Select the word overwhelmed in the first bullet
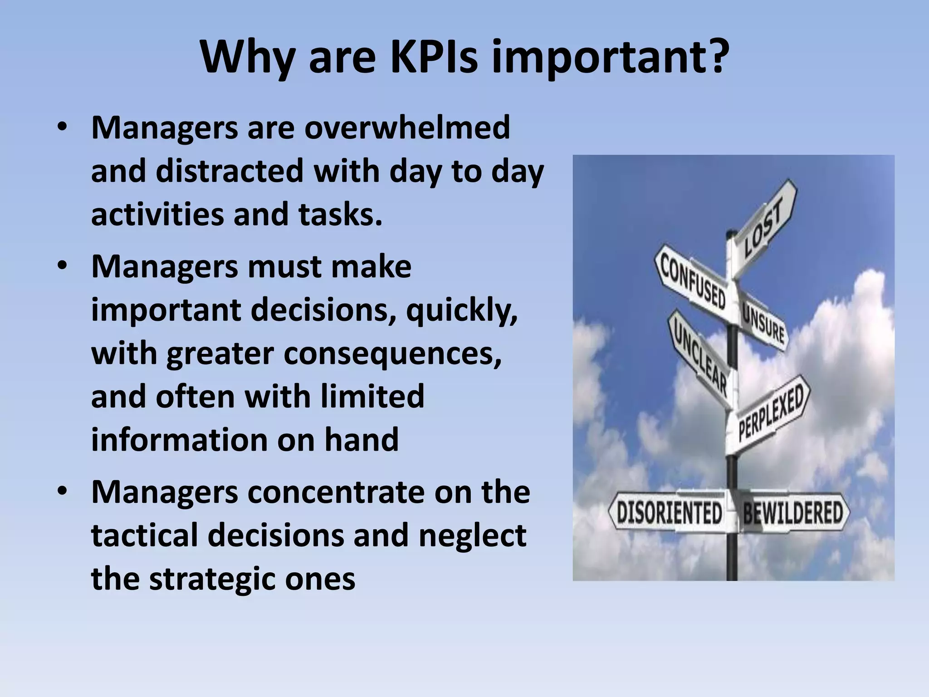click(407, 128)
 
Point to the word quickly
click(462, 310)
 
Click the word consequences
click(393, 353)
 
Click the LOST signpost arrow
click(763, 227)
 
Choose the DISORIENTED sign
click(669, 513)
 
